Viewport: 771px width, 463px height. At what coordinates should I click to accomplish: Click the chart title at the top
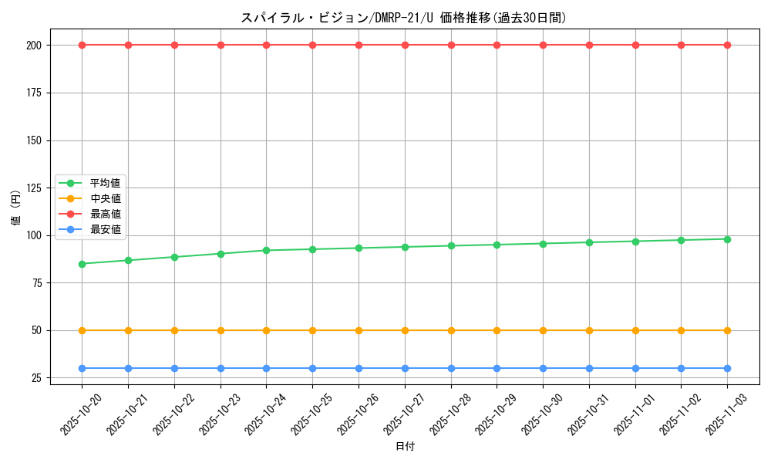(x=403, y=18)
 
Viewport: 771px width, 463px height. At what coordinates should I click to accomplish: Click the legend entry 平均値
(x=105, y=183)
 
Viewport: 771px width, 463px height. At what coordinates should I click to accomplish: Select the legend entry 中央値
(x=105, y=198)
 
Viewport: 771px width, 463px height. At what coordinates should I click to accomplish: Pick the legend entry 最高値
(x=105, y=214)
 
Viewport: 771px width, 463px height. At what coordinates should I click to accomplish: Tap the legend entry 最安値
(x=105, y=229)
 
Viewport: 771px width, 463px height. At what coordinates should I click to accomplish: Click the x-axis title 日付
(x=405, y=447)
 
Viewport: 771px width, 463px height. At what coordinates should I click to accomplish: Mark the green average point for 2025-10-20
(x=82, y=264)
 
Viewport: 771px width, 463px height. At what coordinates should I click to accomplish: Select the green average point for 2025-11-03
(x=727, y=239)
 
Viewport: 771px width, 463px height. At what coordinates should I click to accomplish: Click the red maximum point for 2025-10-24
(x=266, y=45)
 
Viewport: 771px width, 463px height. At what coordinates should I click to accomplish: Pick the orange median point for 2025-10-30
(x=543, y=330)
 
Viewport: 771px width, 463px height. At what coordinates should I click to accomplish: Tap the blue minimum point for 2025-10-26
(x=359, y=368)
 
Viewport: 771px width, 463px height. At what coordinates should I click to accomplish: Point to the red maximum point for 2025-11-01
(x=635, y=45)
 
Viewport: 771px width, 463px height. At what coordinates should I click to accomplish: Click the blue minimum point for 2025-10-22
(x=174, y=368)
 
